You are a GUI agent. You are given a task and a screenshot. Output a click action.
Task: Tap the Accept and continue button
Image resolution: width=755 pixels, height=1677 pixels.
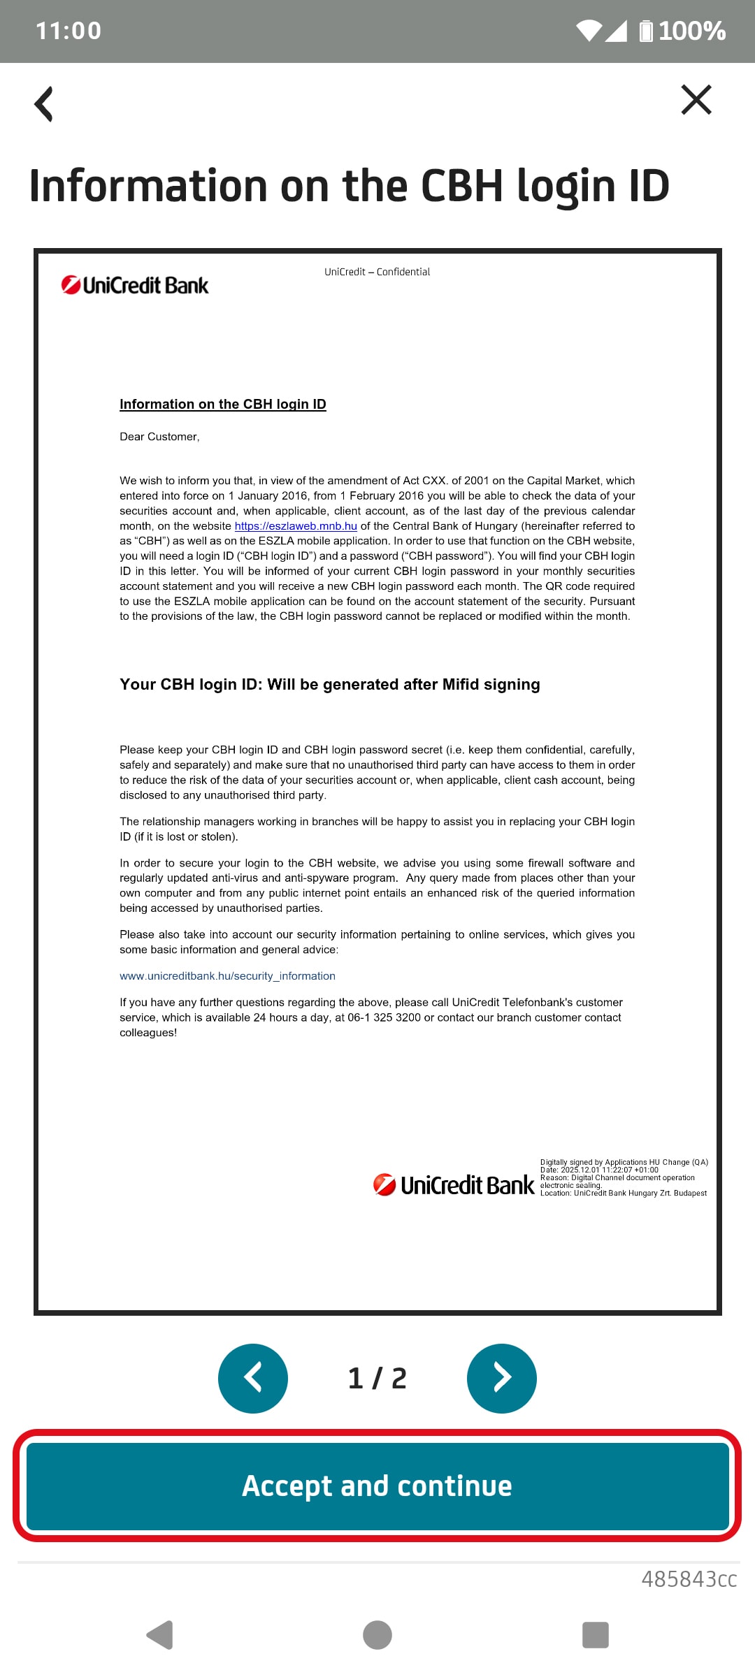click(x=377, y=1486)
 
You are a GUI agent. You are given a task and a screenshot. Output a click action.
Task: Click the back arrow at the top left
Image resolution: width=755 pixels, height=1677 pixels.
click(x=44, y=104)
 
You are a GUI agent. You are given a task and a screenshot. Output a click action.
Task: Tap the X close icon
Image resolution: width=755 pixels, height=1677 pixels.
click(x=696, y=100)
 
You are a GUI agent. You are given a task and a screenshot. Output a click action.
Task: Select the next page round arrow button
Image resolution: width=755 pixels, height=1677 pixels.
click(x=501, y=1378)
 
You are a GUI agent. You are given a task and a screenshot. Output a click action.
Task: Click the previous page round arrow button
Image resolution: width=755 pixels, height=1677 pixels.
click(x=253, y=1378)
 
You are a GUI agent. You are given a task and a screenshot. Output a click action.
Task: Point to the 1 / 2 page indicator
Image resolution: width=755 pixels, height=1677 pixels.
click(x=377, y=1378)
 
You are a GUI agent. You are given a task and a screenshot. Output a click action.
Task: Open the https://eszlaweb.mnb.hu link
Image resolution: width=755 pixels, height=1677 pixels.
click(x=296, y=526)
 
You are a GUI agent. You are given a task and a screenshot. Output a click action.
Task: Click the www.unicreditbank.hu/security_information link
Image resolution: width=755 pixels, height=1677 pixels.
click(x=227, y=976)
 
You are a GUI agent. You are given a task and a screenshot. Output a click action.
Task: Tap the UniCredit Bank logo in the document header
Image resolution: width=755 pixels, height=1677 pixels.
click(x=135, y=285)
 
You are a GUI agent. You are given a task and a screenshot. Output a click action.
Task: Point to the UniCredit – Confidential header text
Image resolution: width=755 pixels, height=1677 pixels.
click(x=377, y=272)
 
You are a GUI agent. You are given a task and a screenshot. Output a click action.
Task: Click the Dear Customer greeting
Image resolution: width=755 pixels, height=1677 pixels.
click(x=159, y=437)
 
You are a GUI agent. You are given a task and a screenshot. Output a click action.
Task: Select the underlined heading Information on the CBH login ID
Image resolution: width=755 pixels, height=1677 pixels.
click(x=222, y=404)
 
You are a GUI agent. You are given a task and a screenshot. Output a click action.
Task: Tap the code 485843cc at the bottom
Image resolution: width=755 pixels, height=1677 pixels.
click(x=689, y=1579)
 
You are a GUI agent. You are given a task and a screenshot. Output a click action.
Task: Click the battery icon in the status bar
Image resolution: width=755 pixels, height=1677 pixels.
click(x=646, y=31)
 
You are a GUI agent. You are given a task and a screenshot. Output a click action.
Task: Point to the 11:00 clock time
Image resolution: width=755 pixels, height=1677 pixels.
click(x=69, y=31)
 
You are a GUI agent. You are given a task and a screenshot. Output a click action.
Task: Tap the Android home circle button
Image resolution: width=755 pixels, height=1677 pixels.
click(x=377, y=1635)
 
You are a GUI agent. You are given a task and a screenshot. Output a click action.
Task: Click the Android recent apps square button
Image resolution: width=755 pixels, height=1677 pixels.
click(x=596, y=1635)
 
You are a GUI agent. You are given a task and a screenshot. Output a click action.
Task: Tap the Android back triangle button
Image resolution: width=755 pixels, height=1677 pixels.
click(x=160, y=1635)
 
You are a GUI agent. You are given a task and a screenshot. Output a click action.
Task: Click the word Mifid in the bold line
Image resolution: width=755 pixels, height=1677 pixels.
click(x=460, y=684)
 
